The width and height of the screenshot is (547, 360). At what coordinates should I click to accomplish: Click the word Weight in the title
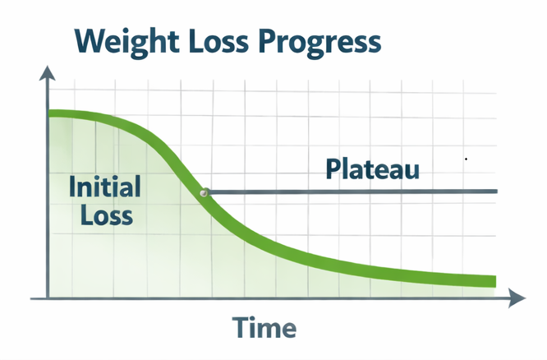pyautogui.click(x=123, y=41)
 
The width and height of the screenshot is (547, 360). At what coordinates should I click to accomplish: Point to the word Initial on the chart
pyautogui.click(x=103, y=187)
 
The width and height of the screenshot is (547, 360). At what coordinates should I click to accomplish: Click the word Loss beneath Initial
pyautogui.click(x=102, y=215)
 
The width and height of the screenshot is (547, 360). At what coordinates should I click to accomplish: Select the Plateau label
pyautogui.click(x=372, y=169)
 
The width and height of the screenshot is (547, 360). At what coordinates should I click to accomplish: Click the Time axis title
pyautogui.click(x=264, y=327)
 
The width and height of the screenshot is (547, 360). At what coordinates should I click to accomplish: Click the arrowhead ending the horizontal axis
pyautogui.click(x=517, y=298)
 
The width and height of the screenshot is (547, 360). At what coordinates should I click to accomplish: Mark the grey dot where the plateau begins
pyautogui.click(x=204, y=192)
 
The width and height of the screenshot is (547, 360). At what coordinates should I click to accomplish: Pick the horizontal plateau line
pyautogui.click(x=353, y=192)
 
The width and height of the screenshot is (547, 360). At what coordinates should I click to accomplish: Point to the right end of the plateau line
pyautogui.click(x=495, y=192)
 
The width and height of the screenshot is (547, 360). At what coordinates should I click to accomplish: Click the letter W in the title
pyautogui.click(x=90, y=41)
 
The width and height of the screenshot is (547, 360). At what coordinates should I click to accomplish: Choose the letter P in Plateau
pyautogui.click(x=333, y=169)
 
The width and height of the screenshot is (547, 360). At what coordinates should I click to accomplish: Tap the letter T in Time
pyautogui.click(x=240, y=327)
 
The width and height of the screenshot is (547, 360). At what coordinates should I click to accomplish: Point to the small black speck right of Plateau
pyautogui.click(x=466, y=159)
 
